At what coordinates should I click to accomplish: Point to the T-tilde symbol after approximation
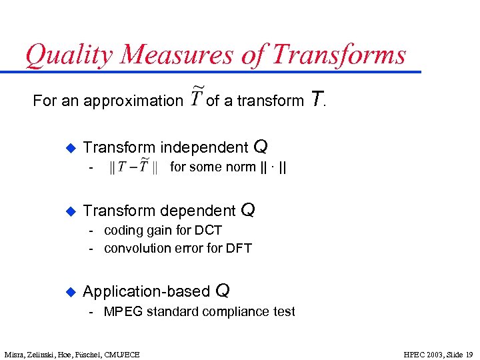196,99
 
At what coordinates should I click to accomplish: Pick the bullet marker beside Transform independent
68,147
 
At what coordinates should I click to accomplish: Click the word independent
204,147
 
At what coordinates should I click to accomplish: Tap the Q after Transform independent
261,146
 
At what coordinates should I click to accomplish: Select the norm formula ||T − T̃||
133,167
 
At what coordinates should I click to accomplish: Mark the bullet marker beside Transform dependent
68,211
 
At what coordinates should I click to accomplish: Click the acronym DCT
209,230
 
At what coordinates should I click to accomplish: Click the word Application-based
147,291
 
